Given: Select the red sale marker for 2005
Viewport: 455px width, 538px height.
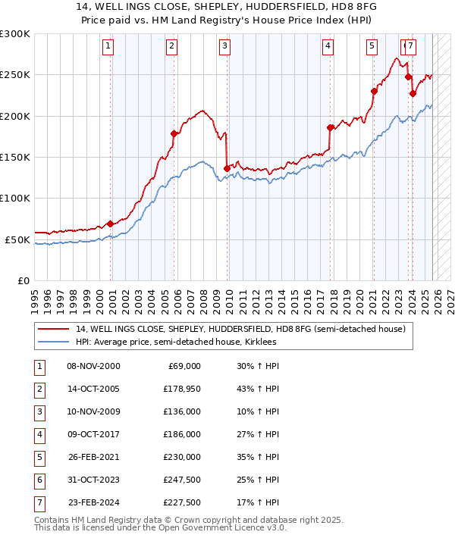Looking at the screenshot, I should click(x=174, y=133).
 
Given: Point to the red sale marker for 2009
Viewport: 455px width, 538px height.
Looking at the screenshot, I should click(x=227, y=168).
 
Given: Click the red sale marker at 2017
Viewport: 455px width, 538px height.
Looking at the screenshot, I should click(x=330, y=127).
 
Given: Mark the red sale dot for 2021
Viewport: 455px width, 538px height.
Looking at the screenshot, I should click(x=374, y=92).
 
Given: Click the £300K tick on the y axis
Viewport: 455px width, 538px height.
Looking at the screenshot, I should click(x=15, y=34).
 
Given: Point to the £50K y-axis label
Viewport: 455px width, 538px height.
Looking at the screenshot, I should click(x=17, y=239).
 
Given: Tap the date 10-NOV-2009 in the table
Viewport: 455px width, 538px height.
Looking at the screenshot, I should click(x=93, y=411).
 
